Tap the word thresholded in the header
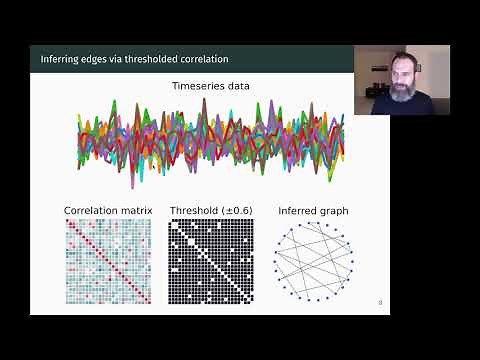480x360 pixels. [x=153, y=59]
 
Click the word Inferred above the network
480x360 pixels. [x=297, y=210]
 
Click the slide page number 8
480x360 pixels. [x=380, y=302]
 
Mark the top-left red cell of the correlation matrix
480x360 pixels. [x=69, y=222]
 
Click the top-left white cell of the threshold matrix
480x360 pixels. [x=172, y=222]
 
